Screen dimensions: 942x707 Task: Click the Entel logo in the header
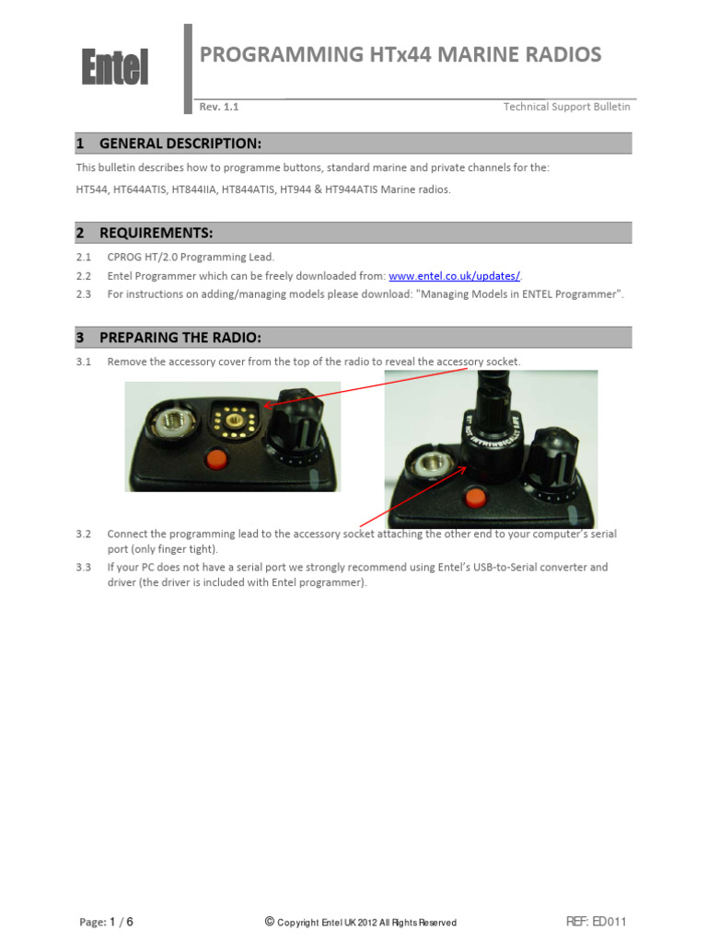(x=114, y=67)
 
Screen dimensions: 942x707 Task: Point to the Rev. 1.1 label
(x=219, y=107)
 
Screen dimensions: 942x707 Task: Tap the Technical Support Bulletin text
(x=566, y=107)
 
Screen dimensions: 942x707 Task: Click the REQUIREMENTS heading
(x=156, y=233)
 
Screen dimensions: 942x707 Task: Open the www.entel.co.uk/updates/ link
(x=454, y=276)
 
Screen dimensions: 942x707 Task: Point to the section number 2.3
(x=84, y=294)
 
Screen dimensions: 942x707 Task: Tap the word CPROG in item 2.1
(x=124, y=257)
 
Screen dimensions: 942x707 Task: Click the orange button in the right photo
(x=475, y=498)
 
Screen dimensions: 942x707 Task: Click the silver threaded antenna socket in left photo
(x=171, y=425)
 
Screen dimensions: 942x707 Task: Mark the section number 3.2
(x=84, y=534)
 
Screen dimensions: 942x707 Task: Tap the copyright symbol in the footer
(x=269, y=921)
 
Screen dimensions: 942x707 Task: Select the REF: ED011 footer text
(x=596, y=922)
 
